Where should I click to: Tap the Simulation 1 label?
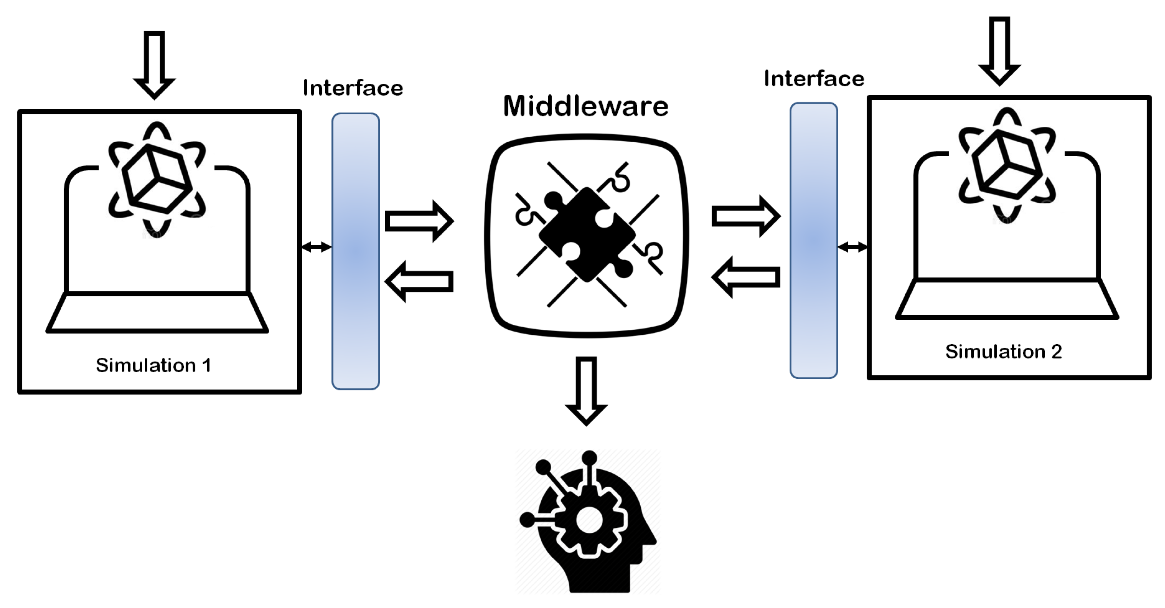click(x=153, y=365)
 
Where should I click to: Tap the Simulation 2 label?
click(x=1003, y=351)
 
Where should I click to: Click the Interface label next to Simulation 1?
click(x=353, y=88)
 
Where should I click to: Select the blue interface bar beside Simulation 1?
click(x=355, y=251)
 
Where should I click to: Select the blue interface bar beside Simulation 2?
click(x=813, y=240)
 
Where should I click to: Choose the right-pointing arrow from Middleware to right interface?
click(x=746, y=216)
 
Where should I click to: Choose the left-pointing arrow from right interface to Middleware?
click(x=746, y=277)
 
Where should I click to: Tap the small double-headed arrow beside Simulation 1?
click(x=316, y=247)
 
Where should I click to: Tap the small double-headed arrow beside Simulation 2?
click(x=852, y=247)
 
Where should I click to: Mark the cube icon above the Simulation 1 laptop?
click(x=156, y=179)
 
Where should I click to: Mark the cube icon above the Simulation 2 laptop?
click(x=1007, y=165)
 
